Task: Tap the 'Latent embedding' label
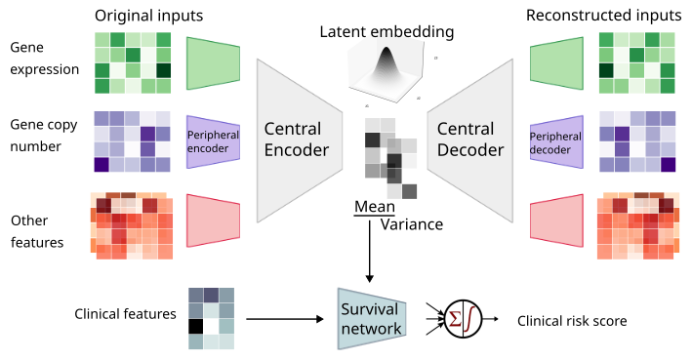(x=387, y=32)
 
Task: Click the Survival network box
(x=371, y=318)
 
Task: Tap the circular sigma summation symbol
(x=465, y=319)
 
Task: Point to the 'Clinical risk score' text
(x=571, y=320)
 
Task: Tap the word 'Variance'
(x=411, y=224)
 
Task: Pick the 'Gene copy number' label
(x=43, y=136)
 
